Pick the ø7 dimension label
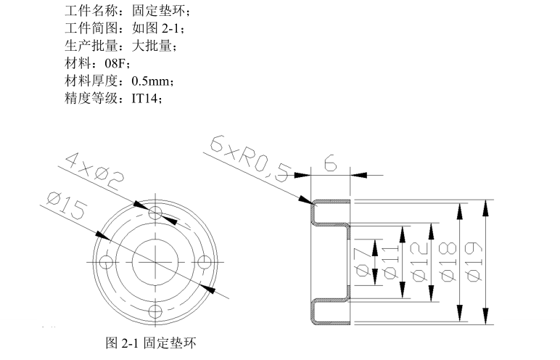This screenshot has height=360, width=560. click(x=362, y=261)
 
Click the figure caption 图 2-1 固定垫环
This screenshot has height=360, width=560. click(x=151, y=342)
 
